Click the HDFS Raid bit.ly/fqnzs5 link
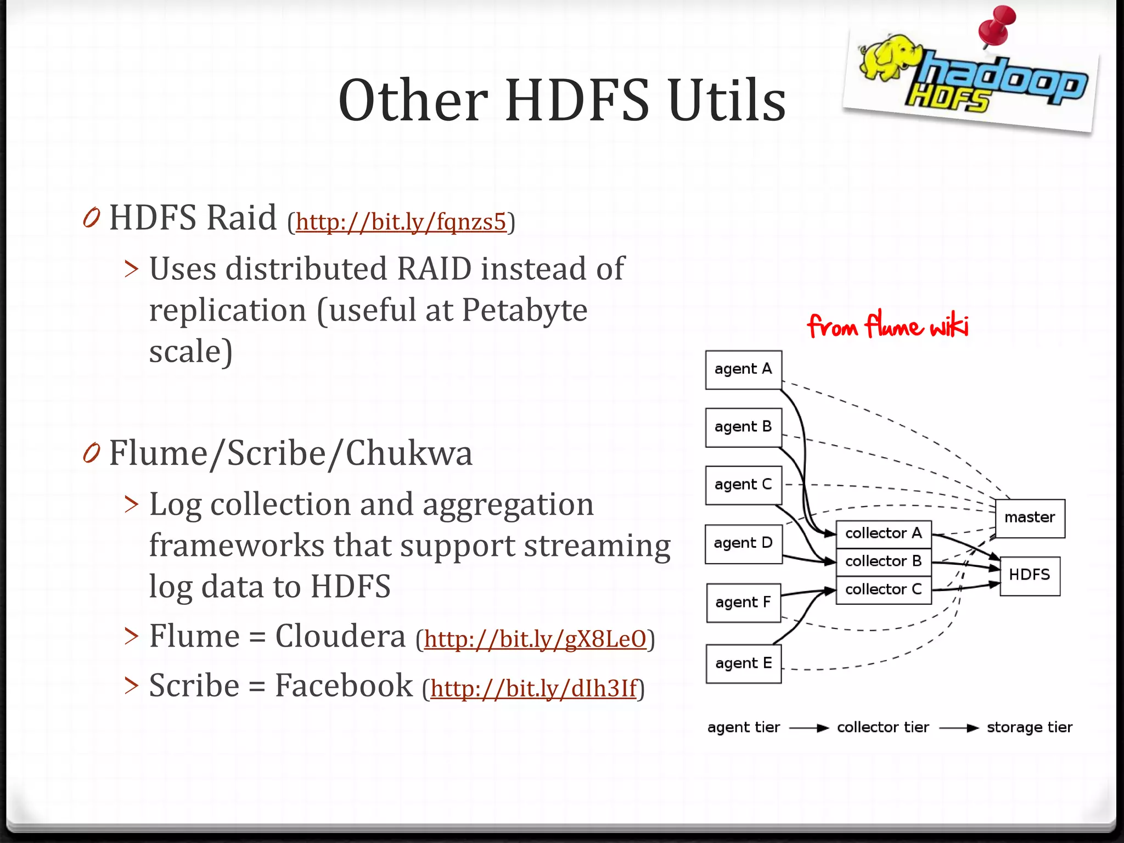(x=401, y=222)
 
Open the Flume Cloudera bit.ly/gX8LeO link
(x=535, y=639)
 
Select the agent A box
(x=743, y=369)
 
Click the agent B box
(x=743, y=427)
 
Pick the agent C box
(x=743, y=485)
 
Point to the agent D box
(x=743, y=543)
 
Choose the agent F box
(x=743, y=603)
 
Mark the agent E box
(x=743, y=664)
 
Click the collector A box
(x=883, y=533)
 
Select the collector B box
(x=883, y=561)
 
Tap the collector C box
(x=883, y=589)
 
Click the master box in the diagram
(x=1030, y=518)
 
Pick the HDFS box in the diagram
(x=1030, y=575)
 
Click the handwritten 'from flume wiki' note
(x=887, y=326)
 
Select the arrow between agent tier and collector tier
(x=808, y=728)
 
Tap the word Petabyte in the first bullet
(x=524, y=310)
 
